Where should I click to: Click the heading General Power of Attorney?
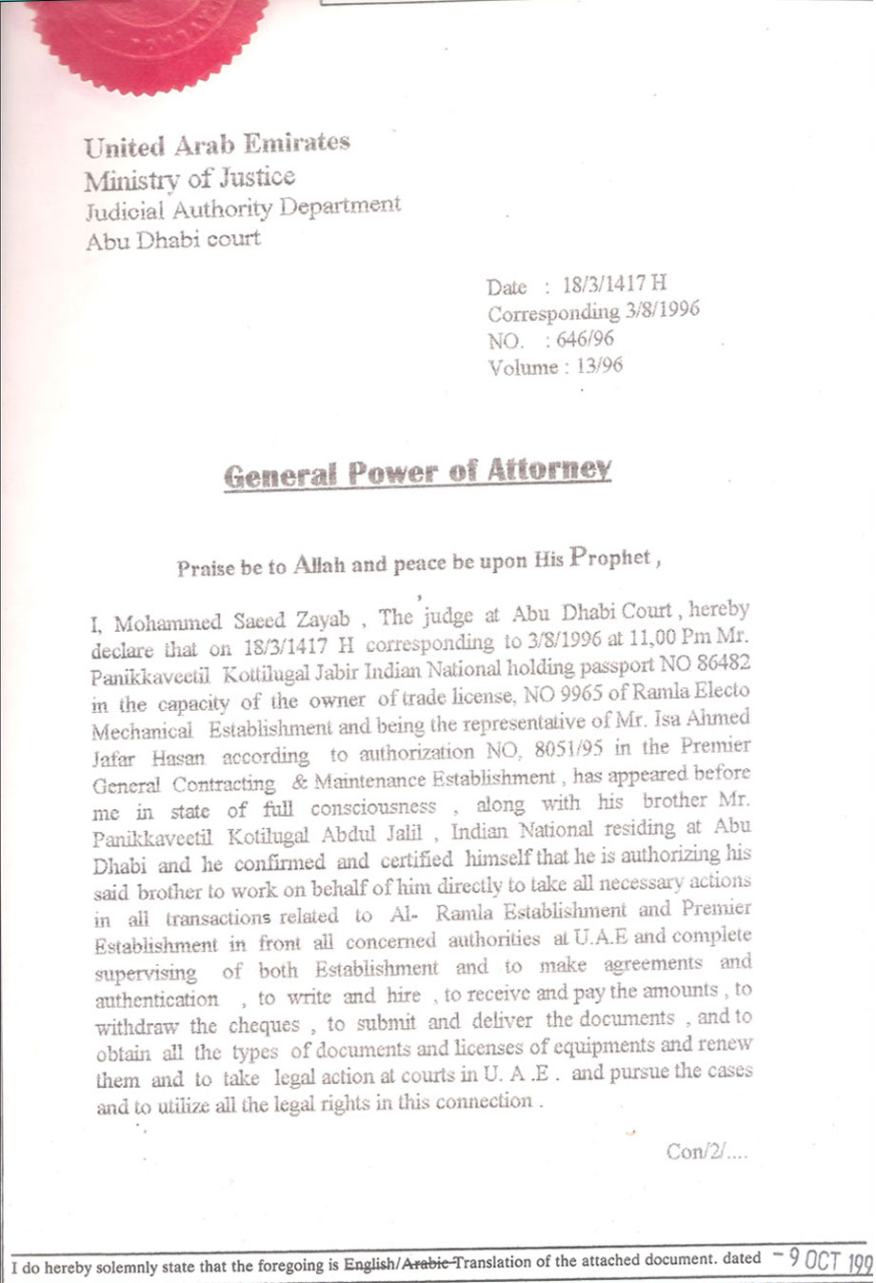[x=417, y=472]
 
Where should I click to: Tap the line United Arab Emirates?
[x=217, y=145]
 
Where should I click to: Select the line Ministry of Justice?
[x=189, y=178]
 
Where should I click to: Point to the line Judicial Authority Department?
[x=243, y=208]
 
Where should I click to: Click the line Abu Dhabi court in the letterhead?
[x=172, y=239]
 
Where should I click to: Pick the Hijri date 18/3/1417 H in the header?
[x=615, y=284]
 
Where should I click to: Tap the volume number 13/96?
[x=600, y=366]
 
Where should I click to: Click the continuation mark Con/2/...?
[x=706, y=1152]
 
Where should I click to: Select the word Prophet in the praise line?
[x=609, y=559]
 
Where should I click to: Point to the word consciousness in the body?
[x=373, y=807]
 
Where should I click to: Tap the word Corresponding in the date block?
[x=553, y=312]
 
